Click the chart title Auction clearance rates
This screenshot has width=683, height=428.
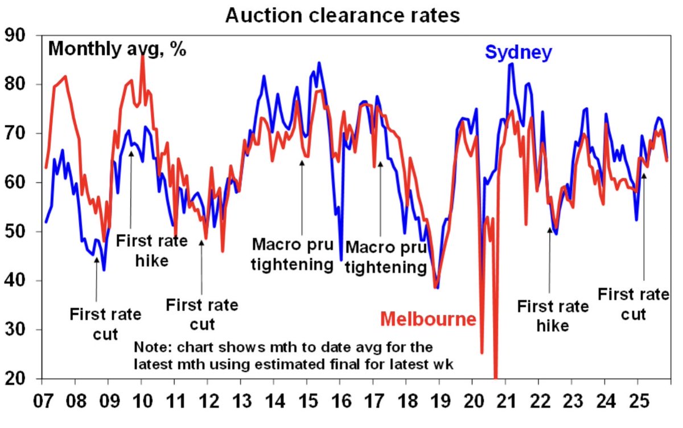click(342, 15)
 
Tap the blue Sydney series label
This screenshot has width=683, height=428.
click(518, 52)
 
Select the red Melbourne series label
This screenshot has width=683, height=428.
click(428, 319)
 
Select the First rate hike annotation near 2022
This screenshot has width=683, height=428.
click(553, 316)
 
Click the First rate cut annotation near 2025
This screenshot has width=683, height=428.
click(633, 304)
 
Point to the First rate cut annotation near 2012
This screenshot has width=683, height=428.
click(201, 314)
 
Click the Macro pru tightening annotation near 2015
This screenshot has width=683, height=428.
click(292, 255)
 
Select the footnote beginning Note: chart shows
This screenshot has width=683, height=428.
click(294, 356)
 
